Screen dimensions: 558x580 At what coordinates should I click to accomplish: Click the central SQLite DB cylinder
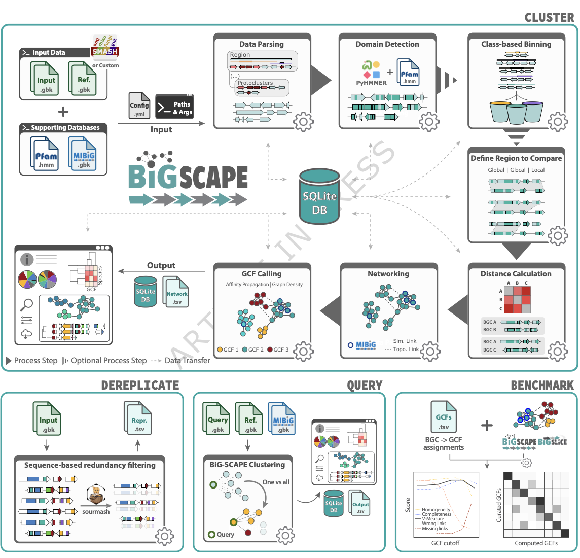(319, 198)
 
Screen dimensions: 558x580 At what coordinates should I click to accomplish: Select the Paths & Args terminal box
(174, 107)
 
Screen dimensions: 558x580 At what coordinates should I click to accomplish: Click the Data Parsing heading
(262, 44)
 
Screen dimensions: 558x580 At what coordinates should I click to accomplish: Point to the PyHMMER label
(371, 83)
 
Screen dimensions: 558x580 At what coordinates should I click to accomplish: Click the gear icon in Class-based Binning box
(558, 121)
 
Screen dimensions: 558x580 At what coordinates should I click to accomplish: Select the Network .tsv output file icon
(176, 292)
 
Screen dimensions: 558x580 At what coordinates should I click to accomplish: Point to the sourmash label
(96, 512)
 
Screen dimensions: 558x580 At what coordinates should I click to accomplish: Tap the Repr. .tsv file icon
(139, 419)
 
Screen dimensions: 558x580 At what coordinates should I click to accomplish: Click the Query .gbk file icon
(217, 419)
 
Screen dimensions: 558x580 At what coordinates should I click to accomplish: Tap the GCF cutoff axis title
(445, 543)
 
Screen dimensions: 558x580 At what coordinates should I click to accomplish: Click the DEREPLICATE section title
(140, 385)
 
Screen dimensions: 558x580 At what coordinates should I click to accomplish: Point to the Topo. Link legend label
(406, 349)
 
